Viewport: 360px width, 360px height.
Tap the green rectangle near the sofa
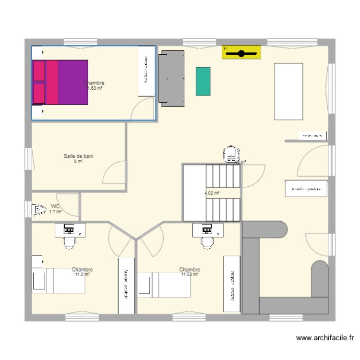pyautogui.click(x=203, y=81)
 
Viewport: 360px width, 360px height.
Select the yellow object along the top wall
pyautogui.click(x=241, y=52)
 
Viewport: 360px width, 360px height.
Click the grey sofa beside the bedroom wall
pyautogui.click(x=171, y=78)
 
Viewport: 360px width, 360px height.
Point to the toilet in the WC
pyautogui.click(x=37, y=209)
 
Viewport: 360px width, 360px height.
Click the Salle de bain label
pyautogui.click(x=78, y=156)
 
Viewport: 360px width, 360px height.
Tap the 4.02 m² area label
pyautogui.click(x=212, y=193)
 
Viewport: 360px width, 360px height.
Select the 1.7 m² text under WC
pyautogui.click(x=55, y=211)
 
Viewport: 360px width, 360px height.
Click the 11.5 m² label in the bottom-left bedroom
pyautogui.click(x=83, y=275)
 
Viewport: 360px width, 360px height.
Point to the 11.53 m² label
pyautogui.click(x=190, y=275)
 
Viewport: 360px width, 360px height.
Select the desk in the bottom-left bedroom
pyautogui.click(x=71, y=230)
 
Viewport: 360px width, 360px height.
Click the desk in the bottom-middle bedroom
pyautogui.click(x=208, y=230)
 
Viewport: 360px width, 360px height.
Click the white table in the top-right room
pyautogui.click(x=288, y=91)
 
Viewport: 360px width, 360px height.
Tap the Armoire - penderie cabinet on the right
pyautogui.click(x=306, y=189)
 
